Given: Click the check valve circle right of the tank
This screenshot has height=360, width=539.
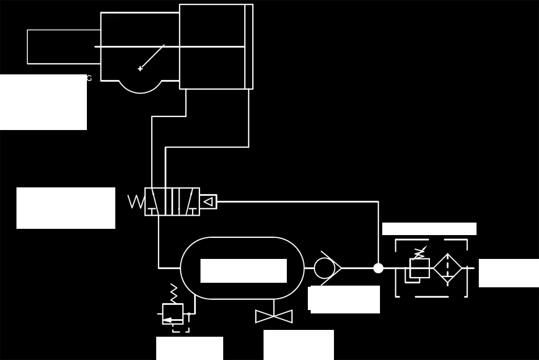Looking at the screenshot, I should pos(324,268).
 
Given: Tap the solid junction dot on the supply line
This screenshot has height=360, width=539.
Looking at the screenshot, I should pos(378,268).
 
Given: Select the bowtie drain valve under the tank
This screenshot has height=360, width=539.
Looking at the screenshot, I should pos(274,316).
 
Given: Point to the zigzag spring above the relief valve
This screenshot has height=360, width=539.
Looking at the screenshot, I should pos(174,293).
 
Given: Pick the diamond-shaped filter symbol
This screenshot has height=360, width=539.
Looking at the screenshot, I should pos(448,267).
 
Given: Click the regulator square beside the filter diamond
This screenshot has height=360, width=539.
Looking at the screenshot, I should pos(419,268).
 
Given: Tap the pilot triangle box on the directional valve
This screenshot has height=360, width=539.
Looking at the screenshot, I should pos(208,202).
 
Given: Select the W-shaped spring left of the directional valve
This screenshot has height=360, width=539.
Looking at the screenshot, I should pos(136,202).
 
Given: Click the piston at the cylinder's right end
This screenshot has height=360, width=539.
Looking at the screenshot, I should pos(249,47).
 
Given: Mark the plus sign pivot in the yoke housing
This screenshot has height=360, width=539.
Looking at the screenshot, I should pos(140,69).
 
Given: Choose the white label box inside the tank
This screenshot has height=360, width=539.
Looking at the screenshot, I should pos(244,271).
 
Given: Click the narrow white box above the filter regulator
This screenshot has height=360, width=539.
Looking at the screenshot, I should pos(429,229).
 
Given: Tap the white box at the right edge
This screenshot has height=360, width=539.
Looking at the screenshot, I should pos(508,273).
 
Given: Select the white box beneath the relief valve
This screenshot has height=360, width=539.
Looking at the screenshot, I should pos(190,348).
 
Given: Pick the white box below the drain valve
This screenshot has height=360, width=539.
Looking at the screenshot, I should pos(299,345).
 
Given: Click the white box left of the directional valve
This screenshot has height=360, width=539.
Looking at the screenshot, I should pos(66,208).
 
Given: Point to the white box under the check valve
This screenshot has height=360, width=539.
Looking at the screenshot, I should pos(344,299).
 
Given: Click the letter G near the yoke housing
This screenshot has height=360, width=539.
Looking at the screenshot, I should pos(89,78).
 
